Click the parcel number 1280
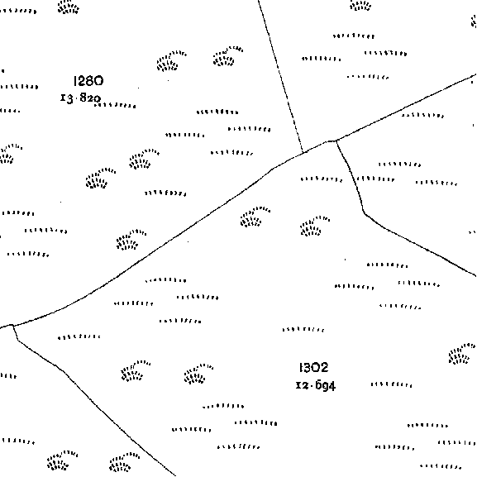click(x=88, y=81)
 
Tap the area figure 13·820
click(x=81, y=98)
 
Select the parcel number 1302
click(x=313, y=368)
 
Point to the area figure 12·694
click(x=316, y=385)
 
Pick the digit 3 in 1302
click(x=307, y=368)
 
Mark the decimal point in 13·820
click(x=77, y=98)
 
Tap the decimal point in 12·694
click(x=312, y=385)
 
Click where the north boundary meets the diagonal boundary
click(x=303, y=152)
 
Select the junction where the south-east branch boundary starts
click(x=336, y=141)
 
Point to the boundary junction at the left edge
click(x=12, y=326)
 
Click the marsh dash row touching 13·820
click(x=115, y=106)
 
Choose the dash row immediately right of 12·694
click(x=392, y=385)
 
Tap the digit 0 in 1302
click(x=316, y=368)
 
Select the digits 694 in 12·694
click(x=325, y=386)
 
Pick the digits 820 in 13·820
click(x=90, y=98)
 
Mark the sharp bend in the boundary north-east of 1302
click(x=364, y=212)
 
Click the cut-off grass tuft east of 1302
click(x=462, y=353)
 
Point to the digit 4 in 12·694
click(x=332, y=386)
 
